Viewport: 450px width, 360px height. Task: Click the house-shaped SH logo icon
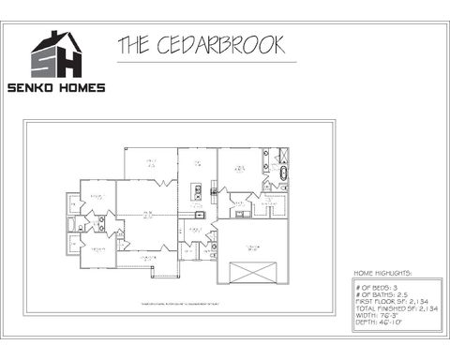pos(57,55)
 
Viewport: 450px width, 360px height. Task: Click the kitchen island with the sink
pos(197,194)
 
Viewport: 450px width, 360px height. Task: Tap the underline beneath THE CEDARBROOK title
pos(206,62)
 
